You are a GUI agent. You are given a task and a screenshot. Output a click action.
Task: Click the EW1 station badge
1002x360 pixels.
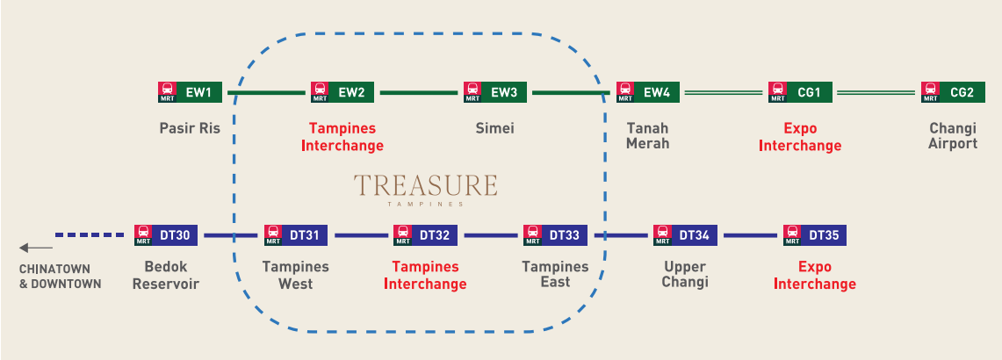[x=190, y=92]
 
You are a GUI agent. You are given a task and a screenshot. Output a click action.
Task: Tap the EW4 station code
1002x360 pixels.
[x=656, y=92]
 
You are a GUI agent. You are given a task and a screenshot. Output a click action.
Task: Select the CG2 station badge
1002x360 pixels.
[x=953, y=92]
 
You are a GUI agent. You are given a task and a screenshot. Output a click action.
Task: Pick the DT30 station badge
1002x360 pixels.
[x=166, y=235]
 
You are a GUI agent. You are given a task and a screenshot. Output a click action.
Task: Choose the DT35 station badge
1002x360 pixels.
[x=815, y=235]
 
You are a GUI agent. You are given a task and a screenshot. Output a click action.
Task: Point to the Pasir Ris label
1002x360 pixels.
[x=190, y=128]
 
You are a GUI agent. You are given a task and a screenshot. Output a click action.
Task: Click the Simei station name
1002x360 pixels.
[x=494, y=128]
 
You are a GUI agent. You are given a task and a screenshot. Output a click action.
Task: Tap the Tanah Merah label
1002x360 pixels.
[x=647, y=135]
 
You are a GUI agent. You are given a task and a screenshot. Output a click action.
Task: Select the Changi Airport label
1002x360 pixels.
[x=953, y=135]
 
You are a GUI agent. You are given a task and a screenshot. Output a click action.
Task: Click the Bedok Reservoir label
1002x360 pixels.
[x=166, y=275]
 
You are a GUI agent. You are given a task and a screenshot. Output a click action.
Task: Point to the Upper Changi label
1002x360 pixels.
[x=684, y=275]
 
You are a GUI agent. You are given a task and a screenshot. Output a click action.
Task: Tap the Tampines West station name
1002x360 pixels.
[x=295, y=275]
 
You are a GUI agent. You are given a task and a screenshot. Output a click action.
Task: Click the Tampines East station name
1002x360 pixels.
[x=555, y=275]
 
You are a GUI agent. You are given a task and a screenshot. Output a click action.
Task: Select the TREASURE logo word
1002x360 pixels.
[x=426, y=185]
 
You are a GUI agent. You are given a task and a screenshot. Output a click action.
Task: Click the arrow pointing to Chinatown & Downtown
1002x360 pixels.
[x=36, y=248]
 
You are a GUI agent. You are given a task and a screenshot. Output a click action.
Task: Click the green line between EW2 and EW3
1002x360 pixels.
[x=419, y=93]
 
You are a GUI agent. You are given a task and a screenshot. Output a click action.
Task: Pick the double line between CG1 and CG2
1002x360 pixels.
[x=876, y=93]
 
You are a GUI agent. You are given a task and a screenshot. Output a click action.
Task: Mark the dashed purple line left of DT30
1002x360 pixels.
[x=90, y=234]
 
